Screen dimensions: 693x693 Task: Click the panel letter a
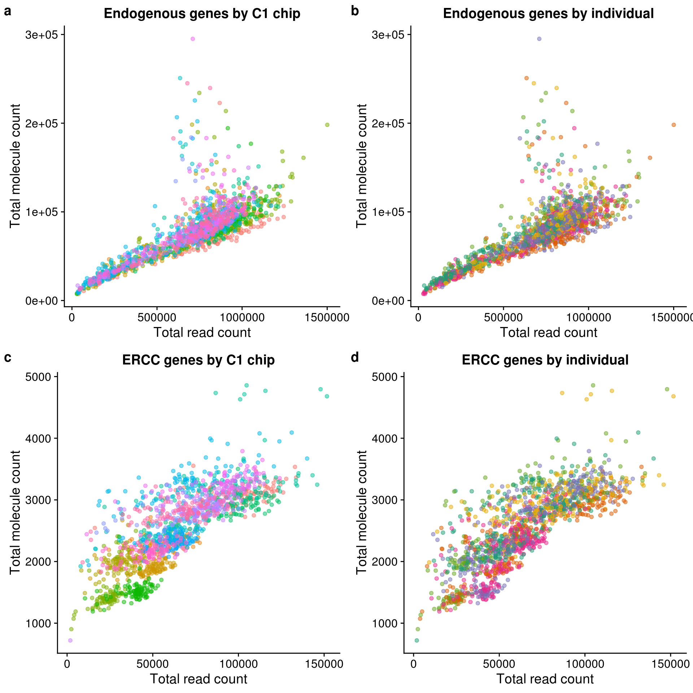click(x=8, y=12)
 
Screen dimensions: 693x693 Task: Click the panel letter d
click(x=355, y=357)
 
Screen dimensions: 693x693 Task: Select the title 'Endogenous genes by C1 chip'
click(x=202, y=14)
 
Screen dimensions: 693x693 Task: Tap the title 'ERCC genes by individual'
click(x=545, y=360)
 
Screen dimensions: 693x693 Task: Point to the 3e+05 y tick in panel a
click(x=42, y=35)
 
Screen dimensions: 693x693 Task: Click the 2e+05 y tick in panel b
click(x=388, y=123)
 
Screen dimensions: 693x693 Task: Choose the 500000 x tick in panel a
click(x=157, y=318)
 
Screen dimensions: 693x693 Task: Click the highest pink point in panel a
click(x=193, y=39)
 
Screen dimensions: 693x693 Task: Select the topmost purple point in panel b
click(x=539, y=39)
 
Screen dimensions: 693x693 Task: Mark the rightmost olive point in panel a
click(x=327, y=125)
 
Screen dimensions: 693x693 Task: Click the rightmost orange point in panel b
click(x=674, y=125)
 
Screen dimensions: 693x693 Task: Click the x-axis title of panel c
click(x=199, y=679)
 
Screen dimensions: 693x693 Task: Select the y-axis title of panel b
click(x=361, y=166)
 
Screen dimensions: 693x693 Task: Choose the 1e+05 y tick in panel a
click(x=42, y=212)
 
